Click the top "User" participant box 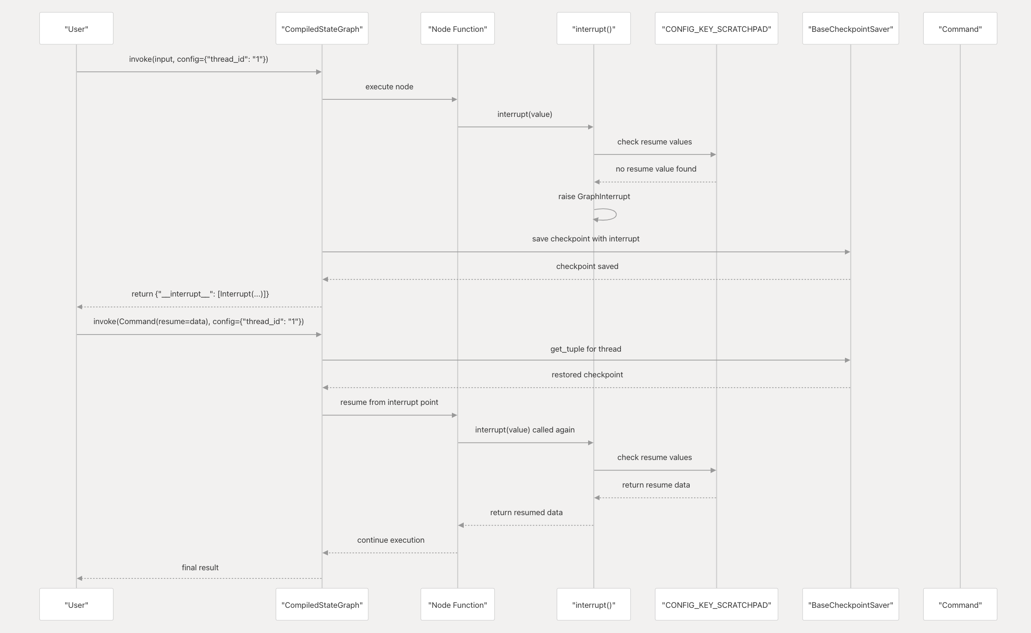[x=76, y=29]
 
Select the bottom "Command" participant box [x=960, y=604]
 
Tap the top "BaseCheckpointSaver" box [x=850, y=29]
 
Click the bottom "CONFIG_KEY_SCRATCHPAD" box [x=716, y=604]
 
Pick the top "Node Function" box [x=457, y=29]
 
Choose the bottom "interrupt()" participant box [x=593, y=604]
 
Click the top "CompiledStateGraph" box [x=322, y=29]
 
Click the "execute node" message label [x=389, y=86]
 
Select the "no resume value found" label [x=656, y=169]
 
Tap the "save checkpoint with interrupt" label [x=586, y=239]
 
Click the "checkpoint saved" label [x=587, y=266]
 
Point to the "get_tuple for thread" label [x=586, y=349]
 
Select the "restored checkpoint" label [x=587, y=374]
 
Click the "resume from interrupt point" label [x=389, y=402]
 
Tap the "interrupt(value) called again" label [x=525, y=430]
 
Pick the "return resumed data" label [x=526, y=512]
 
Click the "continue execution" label [x=391, y=540]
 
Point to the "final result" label [x=200, y=567]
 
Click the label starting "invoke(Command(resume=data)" [x=198, y=321]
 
